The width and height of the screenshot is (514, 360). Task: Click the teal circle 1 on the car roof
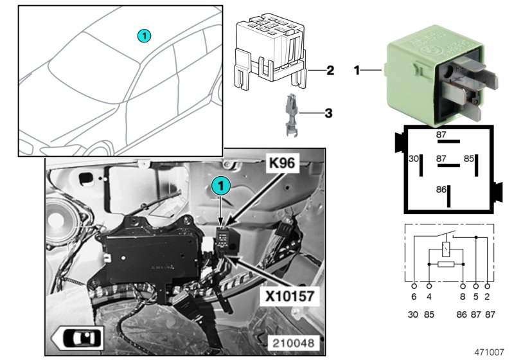click(145, 35)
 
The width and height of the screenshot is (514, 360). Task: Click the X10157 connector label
click(287, 298)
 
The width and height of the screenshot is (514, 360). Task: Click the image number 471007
click(490, 353)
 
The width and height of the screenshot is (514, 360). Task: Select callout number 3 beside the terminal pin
click(328, 114)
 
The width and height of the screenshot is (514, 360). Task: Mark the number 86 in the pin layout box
click(441, 190)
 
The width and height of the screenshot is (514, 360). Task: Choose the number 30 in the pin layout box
click(414, 158)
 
